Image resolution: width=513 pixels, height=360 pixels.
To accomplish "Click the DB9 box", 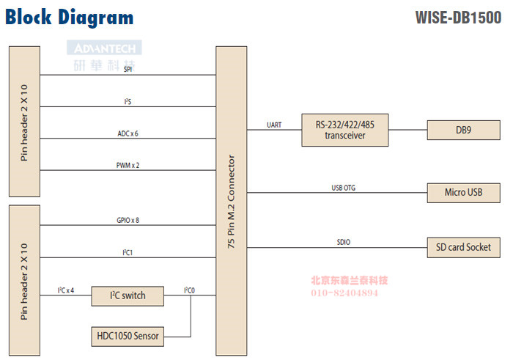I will point(463,131).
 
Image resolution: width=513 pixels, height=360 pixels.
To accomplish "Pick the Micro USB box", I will point(463,193).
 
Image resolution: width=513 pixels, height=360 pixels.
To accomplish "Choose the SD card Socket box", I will point(463,247).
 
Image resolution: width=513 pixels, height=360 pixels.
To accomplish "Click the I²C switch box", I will point(128,295).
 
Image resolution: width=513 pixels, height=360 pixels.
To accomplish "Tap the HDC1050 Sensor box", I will point(128,337).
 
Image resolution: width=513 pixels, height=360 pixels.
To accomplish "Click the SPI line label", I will point(128,70).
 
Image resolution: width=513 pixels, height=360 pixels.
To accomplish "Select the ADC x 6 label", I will point(128,133).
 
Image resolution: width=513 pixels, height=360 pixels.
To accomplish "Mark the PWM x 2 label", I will point(128,165).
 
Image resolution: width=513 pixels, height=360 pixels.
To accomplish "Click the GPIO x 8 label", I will point(128,220).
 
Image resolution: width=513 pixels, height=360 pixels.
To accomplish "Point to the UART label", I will point(274,125).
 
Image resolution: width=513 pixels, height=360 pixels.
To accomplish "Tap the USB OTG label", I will point(343,188).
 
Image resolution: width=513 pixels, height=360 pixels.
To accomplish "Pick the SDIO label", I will point(343,242).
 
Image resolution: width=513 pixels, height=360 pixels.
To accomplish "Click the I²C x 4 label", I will point(66,290).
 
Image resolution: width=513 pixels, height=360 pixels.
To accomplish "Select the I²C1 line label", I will point(128,252).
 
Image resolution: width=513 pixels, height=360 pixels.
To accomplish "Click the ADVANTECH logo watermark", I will point(105,48).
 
